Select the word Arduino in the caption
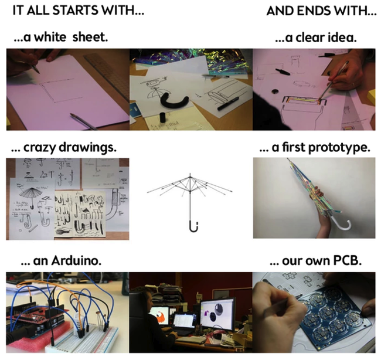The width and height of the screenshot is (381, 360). click(x=76, y=261)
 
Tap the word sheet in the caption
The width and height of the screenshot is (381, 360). click(x=90, y=37)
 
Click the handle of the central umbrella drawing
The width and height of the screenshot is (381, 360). click(x=193, y=226)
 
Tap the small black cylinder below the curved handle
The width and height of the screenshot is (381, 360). click(x=162, y=117)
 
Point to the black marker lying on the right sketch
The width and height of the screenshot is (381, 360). click(x=227, y=104)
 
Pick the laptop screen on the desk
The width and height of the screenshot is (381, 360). click(x=185, y=321)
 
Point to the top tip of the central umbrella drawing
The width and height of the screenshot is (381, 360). click(x=190, y=174)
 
